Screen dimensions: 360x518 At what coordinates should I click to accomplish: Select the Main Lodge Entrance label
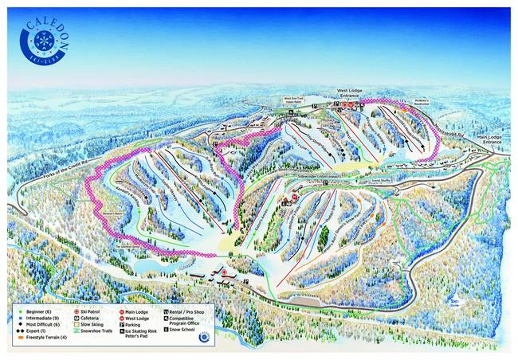click(x=491, y=139)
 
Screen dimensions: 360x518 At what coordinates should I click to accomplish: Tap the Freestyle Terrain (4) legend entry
click(x=39, y=338)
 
